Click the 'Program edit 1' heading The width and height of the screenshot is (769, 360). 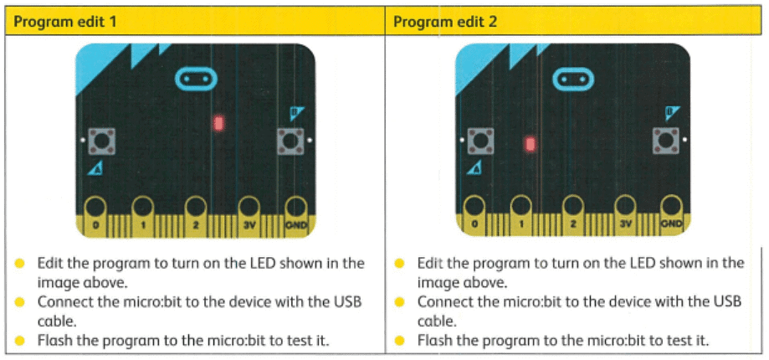[x=64, y=23]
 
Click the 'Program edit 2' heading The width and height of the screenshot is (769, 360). [x=445, y=23]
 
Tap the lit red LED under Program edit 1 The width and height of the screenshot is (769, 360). [x=218, y=122]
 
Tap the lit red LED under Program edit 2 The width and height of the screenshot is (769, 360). [x=530, y=144]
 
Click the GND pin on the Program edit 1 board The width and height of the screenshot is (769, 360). [x=295, y=215]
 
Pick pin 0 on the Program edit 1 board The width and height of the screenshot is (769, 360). [x=96, y=215]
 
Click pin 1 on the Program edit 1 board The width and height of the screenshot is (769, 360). [x=143, y=215]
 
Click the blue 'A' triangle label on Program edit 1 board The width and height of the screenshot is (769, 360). [x=95, y=170]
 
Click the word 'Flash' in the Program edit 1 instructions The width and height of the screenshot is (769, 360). [x=54, y=340]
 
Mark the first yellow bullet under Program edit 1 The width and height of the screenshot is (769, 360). [x=19, y=264]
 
